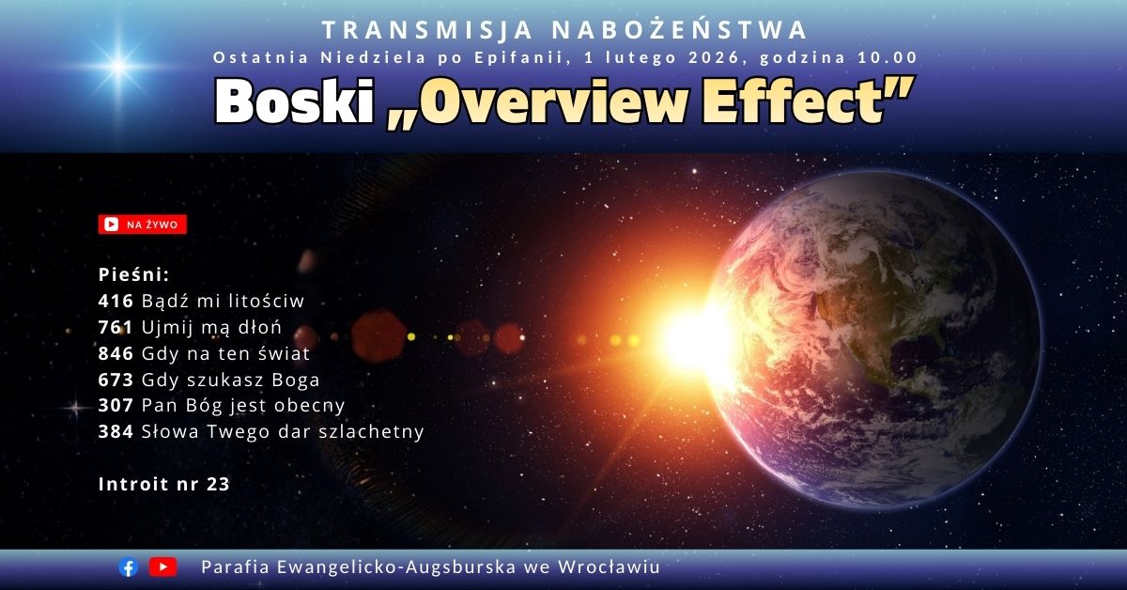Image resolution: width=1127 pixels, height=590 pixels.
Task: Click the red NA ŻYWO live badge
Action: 143,225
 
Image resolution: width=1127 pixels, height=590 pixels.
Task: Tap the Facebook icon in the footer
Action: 129,567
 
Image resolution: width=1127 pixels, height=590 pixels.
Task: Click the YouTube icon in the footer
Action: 162,567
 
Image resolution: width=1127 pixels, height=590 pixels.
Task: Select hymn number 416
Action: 116,301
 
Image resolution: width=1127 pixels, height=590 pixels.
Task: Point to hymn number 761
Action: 116,327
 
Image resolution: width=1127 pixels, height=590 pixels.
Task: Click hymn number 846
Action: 116,353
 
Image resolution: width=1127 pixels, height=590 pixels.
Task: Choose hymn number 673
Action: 116,380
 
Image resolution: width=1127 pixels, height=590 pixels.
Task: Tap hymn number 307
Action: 116,405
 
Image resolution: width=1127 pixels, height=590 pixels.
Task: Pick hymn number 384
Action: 116,431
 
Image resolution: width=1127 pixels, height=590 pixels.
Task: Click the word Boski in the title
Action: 294,101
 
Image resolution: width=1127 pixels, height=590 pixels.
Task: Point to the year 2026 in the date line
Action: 714,57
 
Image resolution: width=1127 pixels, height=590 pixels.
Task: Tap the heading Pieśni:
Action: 133,274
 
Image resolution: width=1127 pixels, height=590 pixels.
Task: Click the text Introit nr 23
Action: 164,484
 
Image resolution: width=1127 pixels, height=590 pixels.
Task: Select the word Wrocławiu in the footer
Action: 609,567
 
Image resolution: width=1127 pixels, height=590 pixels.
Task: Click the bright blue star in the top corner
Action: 118,66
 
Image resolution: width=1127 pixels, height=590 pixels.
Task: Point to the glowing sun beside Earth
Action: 697,340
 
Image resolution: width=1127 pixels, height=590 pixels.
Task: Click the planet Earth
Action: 874,340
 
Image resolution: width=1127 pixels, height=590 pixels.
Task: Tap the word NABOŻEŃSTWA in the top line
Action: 680,29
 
